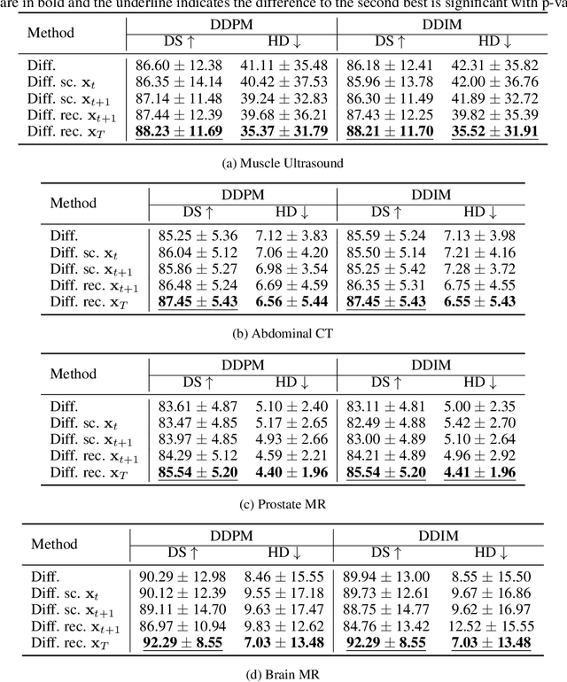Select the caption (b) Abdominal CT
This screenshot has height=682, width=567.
point(283,333)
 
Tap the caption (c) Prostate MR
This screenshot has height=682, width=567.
point(283,504)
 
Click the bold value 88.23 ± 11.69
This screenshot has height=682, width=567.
point(180,132)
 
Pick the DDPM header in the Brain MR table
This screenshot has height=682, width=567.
point(232,535)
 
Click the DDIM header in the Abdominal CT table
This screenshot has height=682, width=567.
point(433,193)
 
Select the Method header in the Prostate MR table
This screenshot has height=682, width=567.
point(74,374)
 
